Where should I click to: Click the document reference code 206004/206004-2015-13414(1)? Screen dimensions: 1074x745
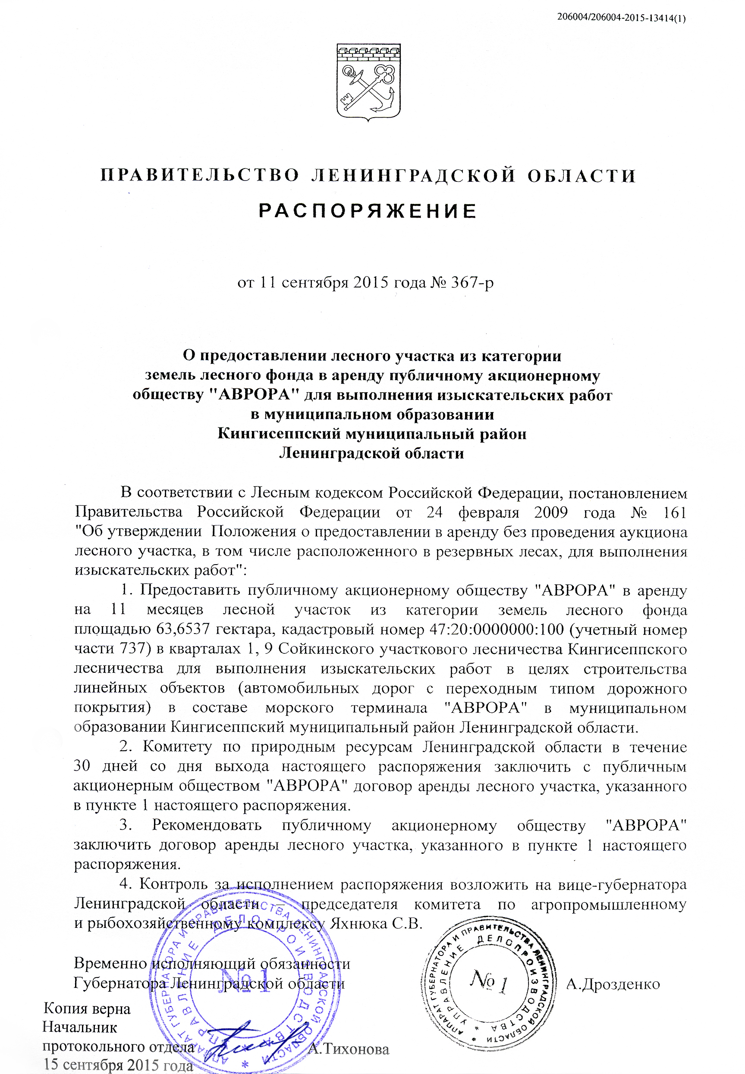click(621, 18)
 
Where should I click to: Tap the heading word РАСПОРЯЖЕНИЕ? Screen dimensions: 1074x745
click(368, 211)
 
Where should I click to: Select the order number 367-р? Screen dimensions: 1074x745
click(472, 283)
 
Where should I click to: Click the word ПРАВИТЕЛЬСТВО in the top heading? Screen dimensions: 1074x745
click(200, 176)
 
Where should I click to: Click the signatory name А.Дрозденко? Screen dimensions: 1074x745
click(613, 984)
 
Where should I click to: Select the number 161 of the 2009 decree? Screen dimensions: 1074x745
click(675, 512)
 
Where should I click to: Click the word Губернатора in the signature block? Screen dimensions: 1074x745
click(120, 983)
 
